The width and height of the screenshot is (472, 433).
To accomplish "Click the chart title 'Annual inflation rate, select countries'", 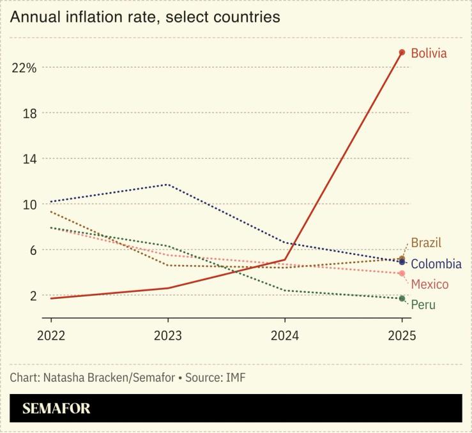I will (x=145, y=17).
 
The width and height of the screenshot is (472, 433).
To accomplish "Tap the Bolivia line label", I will (x=429, y=53).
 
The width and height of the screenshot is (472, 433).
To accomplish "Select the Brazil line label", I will (x=426, y=243).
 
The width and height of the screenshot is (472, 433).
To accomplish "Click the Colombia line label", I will (x=436, y=264).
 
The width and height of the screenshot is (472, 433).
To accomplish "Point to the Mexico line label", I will (x=429, y=284).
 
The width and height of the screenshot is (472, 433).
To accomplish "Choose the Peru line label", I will (x=423, y=305).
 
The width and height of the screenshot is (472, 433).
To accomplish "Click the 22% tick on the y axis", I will (x=24, y=68).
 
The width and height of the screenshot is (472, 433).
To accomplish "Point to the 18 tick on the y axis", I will (x=29, y=113).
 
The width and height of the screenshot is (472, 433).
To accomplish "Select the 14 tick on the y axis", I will (x=29, y=158).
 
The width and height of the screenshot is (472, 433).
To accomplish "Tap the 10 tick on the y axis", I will (x=29, y=204).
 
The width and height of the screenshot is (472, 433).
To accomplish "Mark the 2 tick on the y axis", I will (x=32, y=295).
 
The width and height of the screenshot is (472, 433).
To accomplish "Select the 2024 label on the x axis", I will (x=285, y=335).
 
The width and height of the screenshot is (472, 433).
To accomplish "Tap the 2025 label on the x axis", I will (x=401, y=335).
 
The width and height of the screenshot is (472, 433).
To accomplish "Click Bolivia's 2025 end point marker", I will (x=402, y=52).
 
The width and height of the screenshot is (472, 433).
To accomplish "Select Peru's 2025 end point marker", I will (x=402, y=298).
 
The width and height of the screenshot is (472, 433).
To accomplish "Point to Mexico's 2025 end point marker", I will (x=402, y=273).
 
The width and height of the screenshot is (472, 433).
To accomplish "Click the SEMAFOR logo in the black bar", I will (x=56, y=409).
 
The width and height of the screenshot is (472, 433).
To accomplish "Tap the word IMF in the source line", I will (x=235, y=377).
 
